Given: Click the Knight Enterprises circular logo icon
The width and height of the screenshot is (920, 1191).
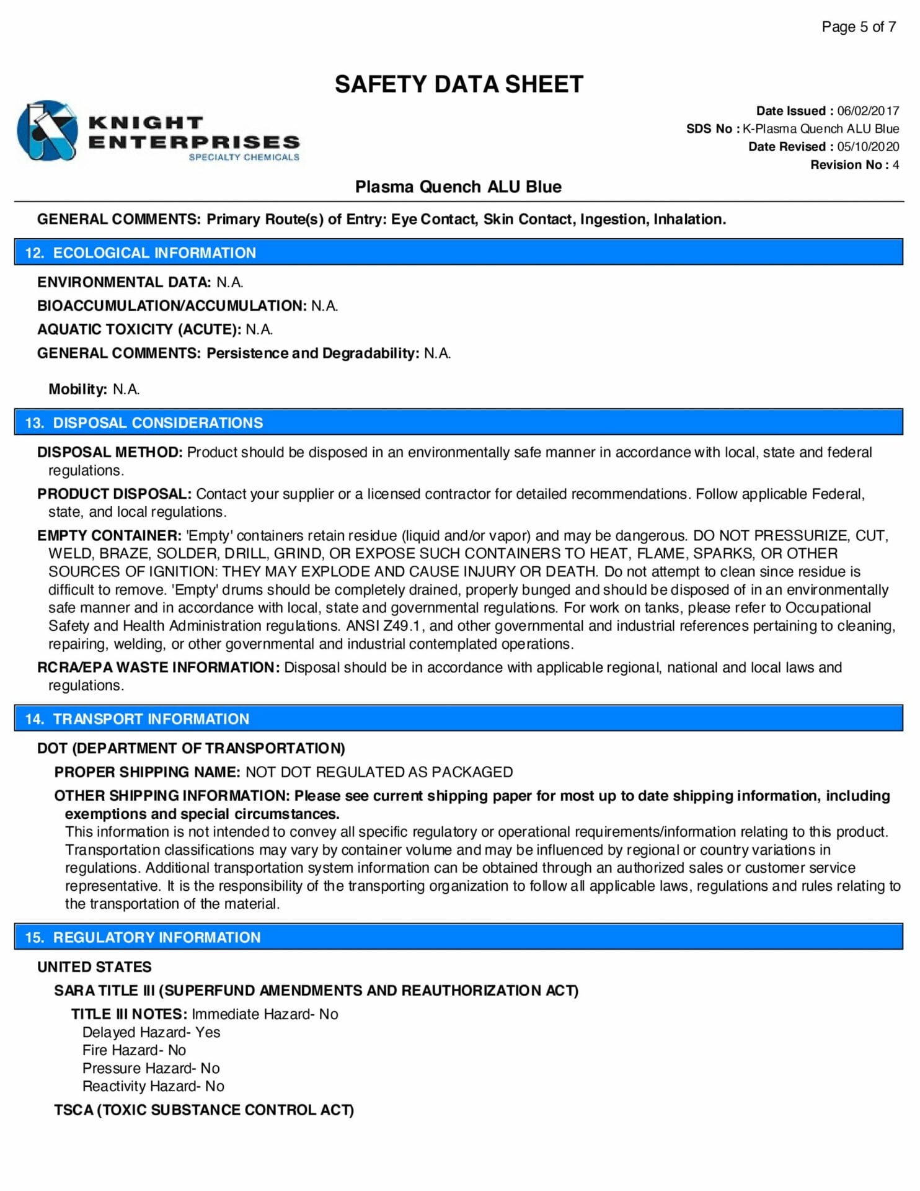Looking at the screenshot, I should coord(47,131).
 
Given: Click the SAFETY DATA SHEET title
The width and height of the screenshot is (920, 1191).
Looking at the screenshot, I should coord(459,84).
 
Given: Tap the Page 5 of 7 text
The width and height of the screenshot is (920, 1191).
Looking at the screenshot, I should coord(858,27).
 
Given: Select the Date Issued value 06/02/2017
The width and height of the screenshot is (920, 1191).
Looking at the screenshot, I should coord(867,111).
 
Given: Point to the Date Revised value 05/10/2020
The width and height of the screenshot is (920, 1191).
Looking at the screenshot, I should coord(867,147).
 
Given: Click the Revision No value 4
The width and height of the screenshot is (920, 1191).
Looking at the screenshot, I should coord(895,165).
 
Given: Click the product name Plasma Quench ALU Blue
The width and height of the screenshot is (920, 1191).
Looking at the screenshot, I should coord(458,187).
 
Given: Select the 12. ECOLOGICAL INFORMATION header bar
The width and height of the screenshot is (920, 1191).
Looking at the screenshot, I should coord(458,252).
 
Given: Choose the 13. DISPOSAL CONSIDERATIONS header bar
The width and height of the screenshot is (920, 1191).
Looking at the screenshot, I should coord(458,422).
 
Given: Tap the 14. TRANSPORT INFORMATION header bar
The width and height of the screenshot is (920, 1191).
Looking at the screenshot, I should coord(458,718).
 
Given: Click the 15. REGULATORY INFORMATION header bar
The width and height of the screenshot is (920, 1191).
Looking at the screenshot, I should coord(458,937).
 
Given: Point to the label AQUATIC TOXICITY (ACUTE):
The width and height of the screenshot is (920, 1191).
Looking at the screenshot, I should coord(139,329).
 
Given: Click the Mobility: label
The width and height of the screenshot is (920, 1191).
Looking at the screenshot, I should coord(77,390).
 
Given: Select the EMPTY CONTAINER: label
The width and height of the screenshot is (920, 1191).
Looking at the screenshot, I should coord(109,535).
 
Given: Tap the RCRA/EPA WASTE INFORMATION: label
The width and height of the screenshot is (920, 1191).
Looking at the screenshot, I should coord(158,667).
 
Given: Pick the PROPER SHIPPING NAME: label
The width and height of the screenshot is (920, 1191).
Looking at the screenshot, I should coord(147,772).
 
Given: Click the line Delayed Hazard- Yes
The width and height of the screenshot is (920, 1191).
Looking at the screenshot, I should coord(151,1032).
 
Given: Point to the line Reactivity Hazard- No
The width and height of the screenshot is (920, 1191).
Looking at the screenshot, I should coord(153,1086).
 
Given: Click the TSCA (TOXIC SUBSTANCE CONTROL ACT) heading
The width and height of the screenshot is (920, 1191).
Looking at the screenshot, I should coord(204,1110).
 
